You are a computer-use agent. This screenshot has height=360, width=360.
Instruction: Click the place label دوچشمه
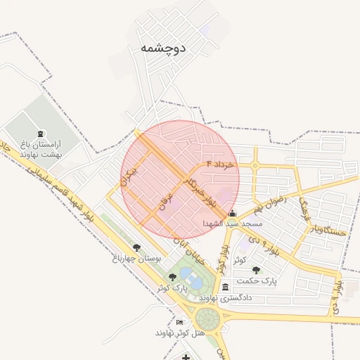(162, 49)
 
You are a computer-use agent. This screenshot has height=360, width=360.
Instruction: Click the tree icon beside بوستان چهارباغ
(136, 247)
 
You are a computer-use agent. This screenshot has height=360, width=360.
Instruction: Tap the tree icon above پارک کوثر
(173, 276)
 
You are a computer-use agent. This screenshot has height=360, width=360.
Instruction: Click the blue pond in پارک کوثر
(191, 283)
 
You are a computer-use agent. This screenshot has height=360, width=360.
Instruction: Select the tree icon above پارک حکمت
(255, 269)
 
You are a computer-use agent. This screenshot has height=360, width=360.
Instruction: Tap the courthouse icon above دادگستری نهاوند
(225, 287)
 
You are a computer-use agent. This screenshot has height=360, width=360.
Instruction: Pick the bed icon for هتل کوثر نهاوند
(179, 321)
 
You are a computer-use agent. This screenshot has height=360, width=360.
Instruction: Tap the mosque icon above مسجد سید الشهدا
(233, 212)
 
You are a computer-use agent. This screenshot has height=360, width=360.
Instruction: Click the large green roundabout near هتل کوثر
(208, 318)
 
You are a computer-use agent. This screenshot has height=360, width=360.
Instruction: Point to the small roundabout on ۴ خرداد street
(255, 166)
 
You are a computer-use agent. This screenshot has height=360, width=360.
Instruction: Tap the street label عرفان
(167, 198)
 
